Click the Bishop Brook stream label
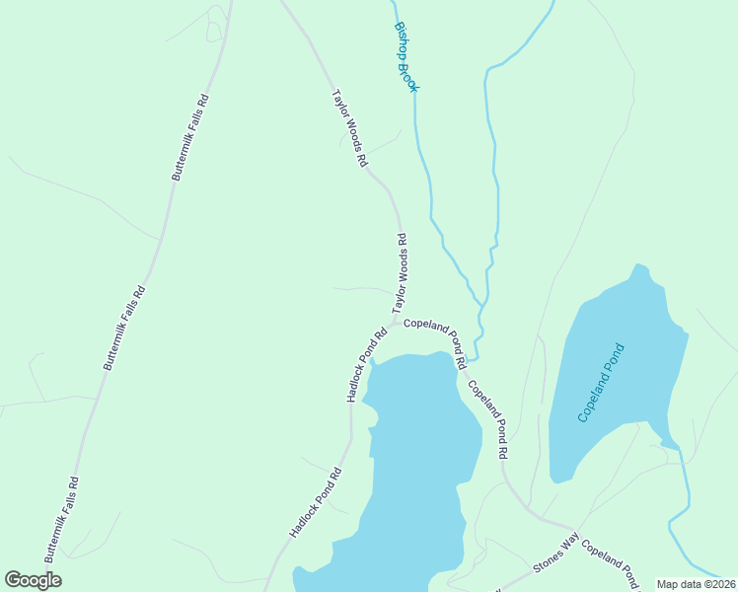[406, 58]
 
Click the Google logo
[33, 580]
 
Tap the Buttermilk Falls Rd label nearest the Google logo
[61, 515]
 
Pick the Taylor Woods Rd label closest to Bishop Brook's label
[349, 128]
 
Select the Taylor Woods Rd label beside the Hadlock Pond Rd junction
[400, 273]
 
